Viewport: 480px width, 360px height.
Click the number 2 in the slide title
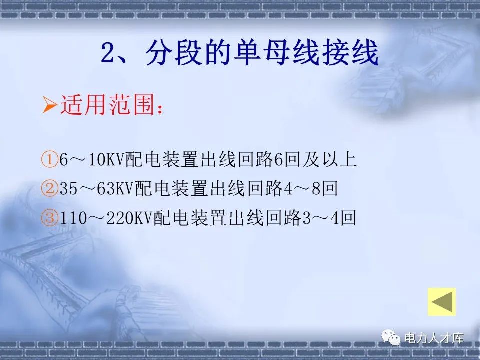pos(109,54)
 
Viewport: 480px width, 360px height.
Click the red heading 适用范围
pos(107,106)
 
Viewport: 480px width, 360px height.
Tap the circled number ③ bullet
pos(50,218)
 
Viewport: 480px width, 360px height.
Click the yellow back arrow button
pos(442,302)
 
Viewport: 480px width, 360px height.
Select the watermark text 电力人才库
pos(433,338)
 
